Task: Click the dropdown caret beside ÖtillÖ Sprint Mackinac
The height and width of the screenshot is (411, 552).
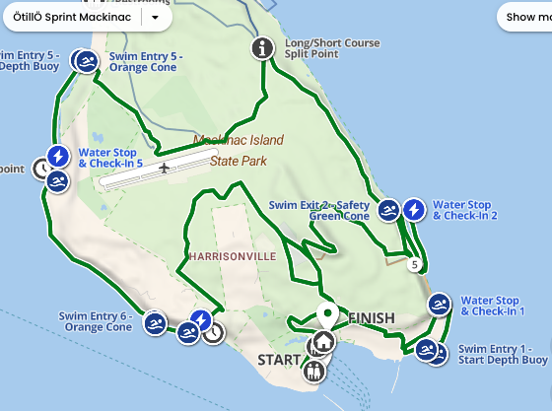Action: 156,17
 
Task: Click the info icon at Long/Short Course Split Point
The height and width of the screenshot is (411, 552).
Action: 262,47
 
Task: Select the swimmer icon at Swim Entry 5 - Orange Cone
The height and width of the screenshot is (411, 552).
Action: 87,61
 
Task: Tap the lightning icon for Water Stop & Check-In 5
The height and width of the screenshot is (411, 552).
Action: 58,157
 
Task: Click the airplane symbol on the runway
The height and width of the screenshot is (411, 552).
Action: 164,168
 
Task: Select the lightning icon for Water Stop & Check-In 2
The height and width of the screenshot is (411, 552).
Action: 414,209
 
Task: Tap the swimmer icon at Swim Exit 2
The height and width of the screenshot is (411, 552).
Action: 388,209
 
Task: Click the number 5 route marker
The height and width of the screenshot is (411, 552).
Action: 416,264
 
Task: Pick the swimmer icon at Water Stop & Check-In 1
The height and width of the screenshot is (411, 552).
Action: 440,305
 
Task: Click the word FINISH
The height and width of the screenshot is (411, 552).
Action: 371,318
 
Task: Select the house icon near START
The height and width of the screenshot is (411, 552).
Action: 321,344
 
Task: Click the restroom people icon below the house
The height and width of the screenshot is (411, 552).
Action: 314,371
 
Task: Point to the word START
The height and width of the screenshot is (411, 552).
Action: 277,360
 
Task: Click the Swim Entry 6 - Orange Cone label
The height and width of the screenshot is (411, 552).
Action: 96,321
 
